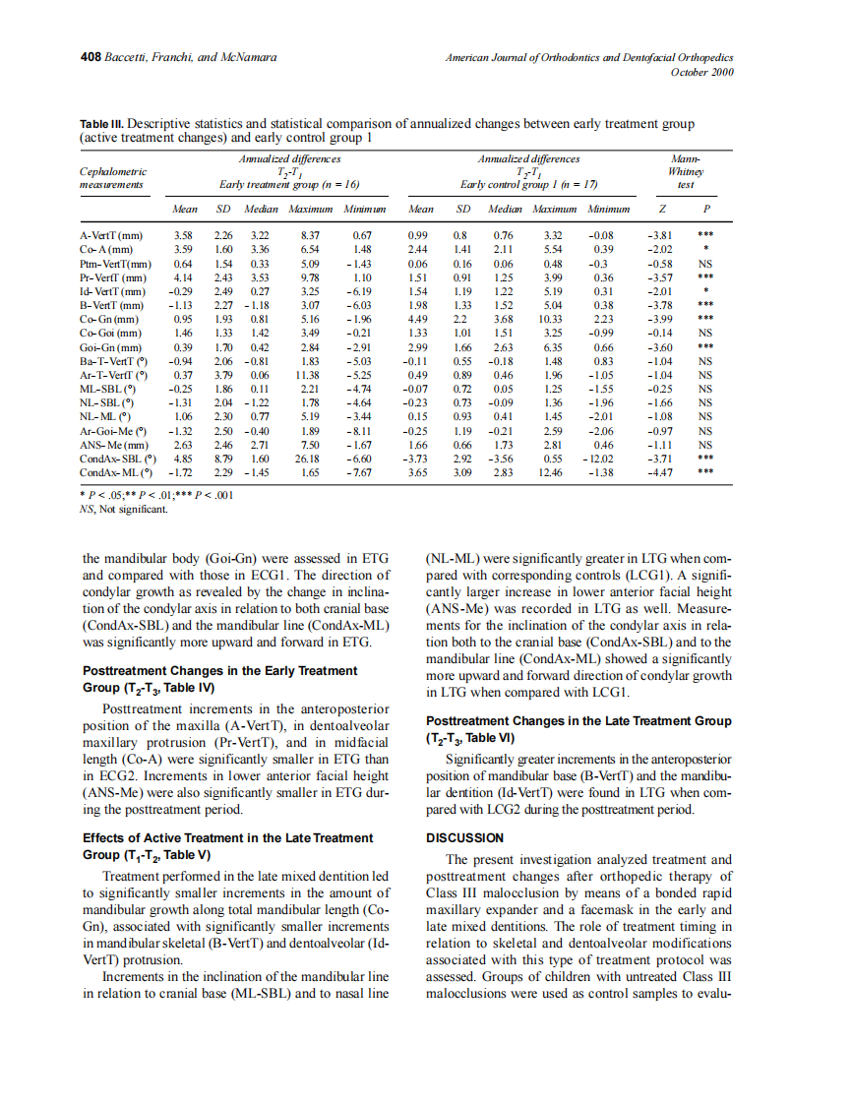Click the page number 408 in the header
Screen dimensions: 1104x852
[91, 58]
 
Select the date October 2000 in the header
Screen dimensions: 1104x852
[702, 72]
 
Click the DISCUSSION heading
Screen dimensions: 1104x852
[464, 838]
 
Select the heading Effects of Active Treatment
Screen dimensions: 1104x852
[228, 838]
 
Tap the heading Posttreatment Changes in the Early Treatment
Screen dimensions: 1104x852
[220, 670]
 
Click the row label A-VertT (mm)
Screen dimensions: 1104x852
[110, 236]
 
